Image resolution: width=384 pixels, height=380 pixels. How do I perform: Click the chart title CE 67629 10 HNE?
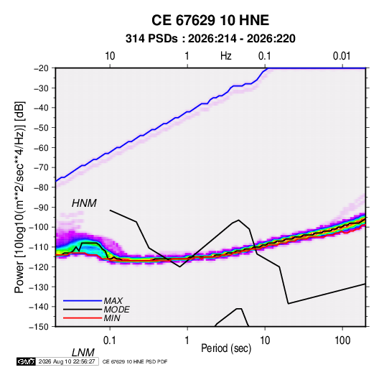pyautogui.click(x=210, y=20)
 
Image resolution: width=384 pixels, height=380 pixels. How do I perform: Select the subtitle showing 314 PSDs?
pyautogui.click(x=210, y=39)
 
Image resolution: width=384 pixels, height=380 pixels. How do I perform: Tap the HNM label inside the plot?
pyautogui.click(x=84, y=203)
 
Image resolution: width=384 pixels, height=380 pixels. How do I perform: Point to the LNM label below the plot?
pyautogui.click(x=83, y=353)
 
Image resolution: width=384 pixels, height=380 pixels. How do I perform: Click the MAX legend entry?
pyautogui.click(x=113, y=301)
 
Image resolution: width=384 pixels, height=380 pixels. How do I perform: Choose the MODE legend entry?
pyautogui.click(x=116, y=310)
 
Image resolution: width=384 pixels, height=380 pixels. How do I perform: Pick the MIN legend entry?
pyautogui.click(x=112, y=318)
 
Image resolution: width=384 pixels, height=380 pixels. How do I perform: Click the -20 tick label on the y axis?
pyautogui.click(x=41, y=68)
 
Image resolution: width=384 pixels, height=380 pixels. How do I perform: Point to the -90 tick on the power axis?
pyautogui.click(x=41, y=207)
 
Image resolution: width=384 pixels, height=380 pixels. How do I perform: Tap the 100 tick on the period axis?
pyautogui.click(x=342, y=340)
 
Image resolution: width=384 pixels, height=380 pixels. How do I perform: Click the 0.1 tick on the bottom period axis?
pyautogui.click(x=110, y=340)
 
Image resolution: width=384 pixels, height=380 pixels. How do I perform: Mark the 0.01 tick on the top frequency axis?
pyautogui.click(x=342, y=56)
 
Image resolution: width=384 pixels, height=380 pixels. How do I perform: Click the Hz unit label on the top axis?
pyautogui.click(x=226, y=56)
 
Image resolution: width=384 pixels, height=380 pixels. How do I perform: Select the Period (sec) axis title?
pyautogui.click(x=226, y=348)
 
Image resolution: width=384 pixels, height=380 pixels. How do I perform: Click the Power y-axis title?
pyautogui.click(x=19, y=198)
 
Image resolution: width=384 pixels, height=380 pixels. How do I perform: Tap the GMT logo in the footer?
pyautogui.click(x=27, y=361)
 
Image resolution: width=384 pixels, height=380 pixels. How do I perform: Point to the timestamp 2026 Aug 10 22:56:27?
pyautogui.click(x=67, y=361)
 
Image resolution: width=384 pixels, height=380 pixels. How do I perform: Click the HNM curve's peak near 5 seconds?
pyautogui.click(x=238, y=220)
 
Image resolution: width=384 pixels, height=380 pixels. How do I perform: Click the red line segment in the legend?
pyautogui.click(x=83, y=318)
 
